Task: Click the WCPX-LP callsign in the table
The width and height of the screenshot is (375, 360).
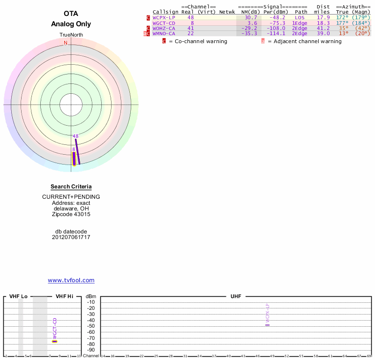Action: [x=164, y=17]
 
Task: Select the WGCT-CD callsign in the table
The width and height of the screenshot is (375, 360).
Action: [x=164, y=22]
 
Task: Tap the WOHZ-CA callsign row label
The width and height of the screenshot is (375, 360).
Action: [x=164, y=28]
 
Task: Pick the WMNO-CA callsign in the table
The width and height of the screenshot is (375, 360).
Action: [x=164, y=33]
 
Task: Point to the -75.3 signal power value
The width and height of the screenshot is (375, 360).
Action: [x=277, y=22]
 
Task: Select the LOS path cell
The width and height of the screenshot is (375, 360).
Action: [x=300, y=17]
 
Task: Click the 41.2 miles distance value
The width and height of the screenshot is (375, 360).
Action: [x=323, y=28]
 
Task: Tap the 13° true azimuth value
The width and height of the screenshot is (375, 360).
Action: [x=345, y=33]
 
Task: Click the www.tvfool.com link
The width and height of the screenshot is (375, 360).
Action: [x=71, y=280]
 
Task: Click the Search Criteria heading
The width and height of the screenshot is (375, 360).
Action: [x=71, y=187]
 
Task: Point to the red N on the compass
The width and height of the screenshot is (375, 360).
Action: [x=66, y=43]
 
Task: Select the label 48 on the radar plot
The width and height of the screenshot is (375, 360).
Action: [x=75, y=136]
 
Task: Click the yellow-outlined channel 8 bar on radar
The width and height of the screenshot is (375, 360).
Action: [x=74, y=158]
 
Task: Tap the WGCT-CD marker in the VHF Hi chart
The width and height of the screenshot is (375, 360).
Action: [x=54, y=341]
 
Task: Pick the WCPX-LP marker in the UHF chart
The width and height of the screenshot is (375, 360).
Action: [x=268, y=324]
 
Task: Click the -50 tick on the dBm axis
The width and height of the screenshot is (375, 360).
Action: [x=91, y=326]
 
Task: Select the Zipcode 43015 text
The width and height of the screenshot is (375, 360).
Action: [x=71, y=214]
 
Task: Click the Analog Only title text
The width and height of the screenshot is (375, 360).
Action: [x=71, y=24]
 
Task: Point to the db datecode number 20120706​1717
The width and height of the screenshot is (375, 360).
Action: [x=71, y=237]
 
